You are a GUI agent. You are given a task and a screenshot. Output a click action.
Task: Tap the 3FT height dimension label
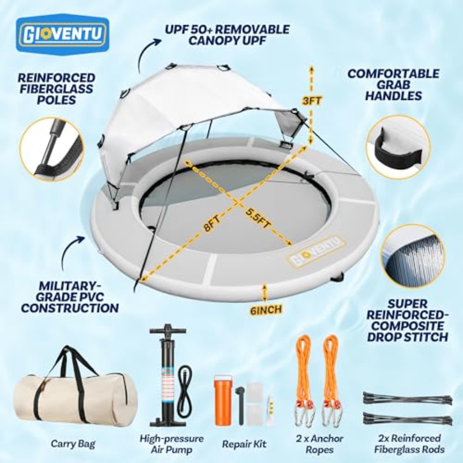click(x=312, y=101)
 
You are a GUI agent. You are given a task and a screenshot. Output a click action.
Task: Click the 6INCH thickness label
click(x=266, y=309)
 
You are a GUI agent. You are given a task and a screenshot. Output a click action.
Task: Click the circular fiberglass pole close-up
click(x=52, y=149)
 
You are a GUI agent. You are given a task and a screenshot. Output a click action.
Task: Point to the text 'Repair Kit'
click(x=244, y=443)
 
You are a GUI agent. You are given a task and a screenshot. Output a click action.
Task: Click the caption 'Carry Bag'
click(x=73, y=443)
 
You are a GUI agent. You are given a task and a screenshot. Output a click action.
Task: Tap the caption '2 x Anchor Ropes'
click(x=319, y=444)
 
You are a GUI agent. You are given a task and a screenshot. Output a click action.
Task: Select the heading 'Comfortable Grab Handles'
click(x=394, y=85)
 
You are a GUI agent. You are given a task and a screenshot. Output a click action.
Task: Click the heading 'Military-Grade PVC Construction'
click(x=70, y=297)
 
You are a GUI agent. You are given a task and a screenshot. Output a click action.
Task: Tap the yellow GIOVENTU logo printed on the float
click(x=316, y=251)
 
